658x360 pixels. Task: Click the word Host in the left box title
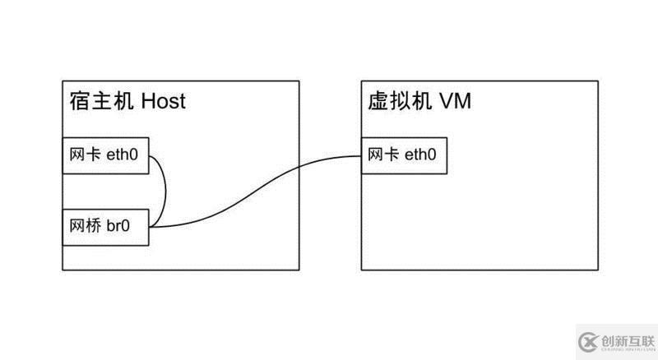(163, 101)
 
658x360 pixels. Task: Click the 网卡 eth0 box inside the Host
(105, 156)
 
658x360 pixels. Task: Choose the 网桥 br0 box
(105, 227)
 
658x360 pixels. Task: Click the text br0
(118, 227)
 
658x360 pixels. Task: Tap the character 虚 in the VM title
(377, 101)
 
